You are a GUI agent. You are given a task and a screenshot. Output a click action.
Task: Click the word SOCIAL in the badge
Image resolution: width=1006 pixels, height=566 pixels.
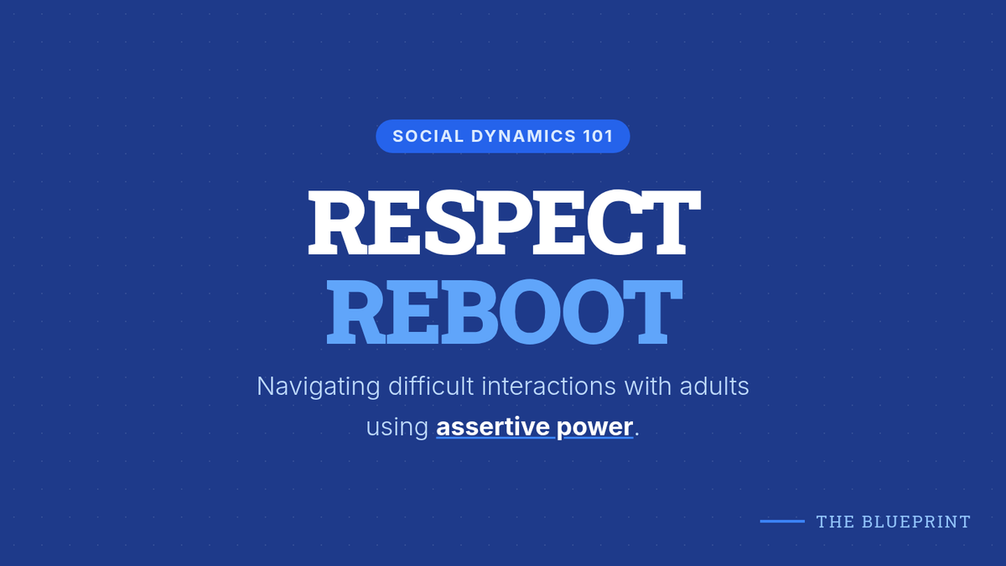[x=428, y=136]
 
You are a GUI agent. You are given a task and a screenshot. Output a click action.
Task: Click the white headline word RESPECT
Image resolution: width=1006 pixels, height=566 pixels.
[x=504, y=222]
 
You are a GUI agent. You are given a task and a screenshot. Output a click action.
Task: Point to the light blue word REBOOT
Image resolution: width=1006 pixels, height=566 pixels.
[x=504, y=312]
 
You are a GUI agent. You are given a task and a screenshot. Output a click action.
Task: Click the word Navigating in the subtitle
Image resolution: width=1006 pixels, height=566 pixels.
[x=319, y=387]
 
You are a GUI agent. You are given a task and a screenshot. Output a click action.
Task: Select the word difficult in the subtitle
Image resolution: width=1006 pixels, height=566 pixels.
[x=431, y=386]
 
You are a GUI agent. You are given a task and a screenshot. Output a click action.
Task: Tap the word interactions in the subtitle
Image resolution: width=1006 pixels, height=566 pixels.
[x=548, y=387]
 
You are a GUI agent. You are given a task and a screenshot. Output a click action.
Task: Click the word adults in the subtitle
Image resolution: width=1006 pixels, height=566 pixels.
[x=714, y=387]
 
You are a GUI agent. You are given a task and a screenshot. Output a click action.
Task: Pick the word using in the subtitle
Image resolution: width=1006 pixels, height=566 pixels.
[x=397, y=427]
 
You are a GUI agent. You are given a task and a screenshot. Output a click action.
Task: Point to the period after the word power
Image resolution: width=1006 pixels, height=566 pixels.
[x=637, y=434]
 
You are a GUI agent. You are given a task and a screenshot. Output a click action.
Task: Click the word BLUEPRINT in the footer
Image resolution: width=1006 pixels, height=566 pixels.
[x=916, y=522]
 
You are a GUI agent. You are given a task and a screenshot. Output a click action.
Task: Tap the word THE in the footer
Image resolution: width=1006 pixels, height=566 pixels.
[x=835, y=522]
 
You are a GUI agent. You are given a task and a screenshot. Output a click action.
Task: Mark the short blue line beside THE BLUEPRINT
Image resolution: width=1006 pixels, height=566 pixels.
[x=782, y=521]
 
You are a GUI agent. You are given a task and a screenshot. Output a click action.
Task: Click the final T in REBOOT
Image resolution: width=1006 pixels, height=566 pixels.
[x=651, y=312]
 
